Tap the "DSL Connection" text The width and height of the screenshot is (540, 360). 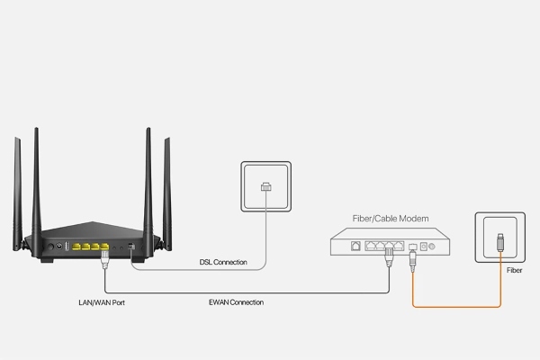tap(223, 262)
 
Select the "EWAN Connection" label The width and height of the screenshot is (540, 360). tap(235, 302)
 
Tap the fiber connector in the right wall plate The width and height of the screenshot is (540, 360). tap(500, 241)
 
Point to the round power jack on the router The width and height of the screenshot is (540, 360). tap(59, 245)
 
